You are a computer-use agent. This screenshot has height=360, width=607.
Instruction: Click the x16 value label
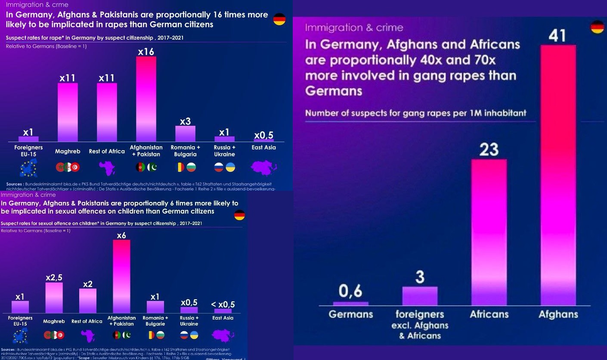(146, 52)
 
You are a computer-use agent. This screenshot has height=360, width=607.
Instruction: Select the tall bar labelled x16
(146, 99)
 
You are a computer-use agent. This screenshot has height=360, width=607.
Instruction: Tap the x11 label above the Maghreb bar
(68, 78)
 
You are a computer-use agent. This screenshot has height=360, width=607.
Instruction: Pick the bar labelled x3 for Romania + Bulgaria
(185, 133)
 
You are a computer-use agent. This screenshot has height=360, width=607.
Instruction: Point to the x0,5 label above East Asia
(263, 135)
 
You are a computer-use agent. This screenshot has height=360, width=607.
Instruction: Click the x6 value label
(121, 235)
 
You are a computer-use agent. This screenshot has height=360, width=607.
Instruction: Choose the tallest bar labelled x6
(121, 276)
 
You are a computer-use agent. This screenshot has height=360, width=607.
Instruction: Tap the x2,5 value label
(54, 278)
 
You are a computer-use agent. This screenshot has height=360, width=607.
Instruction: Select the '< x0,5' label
(223, 304)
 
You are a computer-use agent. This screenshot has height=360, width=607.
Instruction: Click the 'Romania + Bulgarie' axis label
(155, 321)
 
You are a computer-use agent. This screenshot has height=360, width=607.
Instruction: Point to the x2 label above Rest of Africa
(88, 284)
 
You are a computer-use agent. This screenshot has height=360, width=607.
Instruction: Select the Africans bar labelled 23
(489, 233)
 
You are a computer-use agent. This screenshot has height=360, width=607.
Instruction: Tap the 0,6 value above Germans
(350, 292)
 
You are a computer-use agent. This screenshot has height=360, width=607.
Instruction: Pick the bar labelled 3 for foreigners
(420, 296)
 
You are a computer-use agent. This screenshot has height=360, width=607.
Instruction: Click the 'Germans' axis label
(350, 314)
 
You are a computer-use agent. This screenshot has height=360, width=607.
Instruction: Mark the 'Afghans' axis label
(558, 314)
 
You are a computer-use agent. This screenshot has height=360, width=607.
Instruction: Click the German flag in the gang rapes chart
(597, 27)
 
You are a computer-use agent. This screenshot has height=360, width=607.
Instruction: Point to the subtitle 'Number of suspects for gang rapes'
(415, 113)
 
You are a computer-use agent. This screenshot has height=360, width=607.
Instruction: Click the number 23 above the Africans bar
(489, 149)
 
